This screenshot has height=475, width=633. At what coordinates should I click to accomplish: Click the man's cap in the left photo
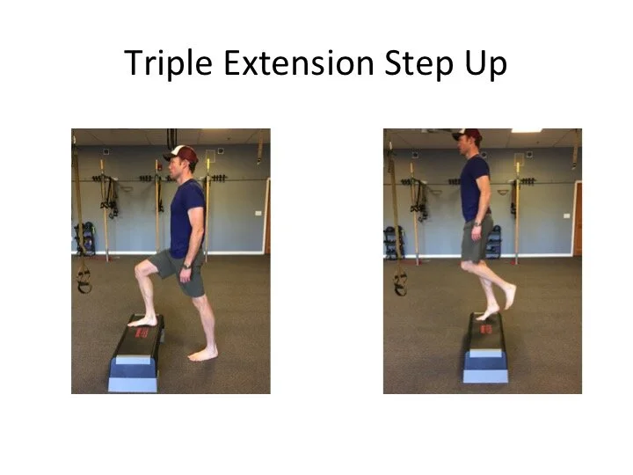(178, 153)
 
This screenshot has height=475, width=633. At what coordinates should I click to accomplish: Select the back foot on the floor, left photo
(203, 354)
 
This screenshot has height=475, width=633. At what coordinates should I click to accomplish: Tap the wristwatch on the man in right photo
(476, 223)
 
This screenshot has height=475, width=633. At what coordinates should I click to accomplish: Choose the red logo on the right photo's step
(485, 327)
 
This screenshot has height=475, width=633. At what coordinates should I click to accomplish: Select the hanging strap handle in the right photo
(400, 281)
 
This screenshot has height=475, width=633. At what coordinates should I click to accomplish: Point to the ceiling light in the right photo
(526, 130)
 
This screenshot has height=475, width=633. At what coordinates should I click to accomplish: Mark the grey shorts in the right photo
(476, 244)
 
